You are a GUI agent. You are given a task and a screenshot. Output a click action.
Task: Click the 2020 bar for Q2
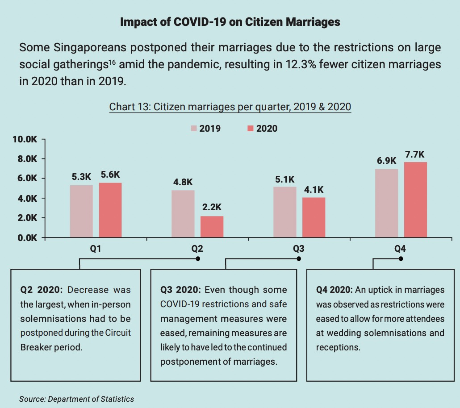pyautogui.click(x=212, y=227)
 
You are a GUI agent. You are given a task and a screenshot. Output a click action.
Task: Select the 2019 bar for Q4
pyautogui.click(x=386, y=203)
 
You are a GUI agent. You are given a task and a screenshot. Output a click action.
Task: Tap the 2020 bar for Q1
pyautogui.click(x=110, y=210)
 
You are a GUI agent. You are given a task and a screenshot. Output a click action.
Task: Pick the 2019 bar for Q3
pyautogui.click(x=284, y=212)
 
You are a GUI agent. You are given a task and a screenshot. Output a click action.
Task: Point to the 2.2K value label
pyautogui.click(x=212, y=208)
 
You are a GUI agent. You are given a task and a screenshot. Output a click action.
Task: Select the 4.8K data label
pyautogui.click(x=183, y=182)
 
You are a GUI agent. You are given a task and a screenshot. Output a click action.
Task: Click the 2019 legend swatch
pyautogui.click(x=194, y=129)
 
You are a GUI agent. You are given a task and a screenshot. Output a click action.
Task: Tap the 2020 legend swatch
pyautogui.click(x=251, y=129)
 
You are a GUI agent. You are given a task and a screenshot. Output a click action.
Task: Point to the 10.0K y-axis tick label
pyautogui.click(x=25, y=139)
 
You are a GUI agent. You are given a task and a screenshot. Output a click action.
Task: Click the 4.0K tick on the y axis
pyautogui.click(x=27, y=198)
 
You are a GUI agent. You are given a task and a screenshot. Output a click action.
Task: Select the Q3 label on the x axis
pyautogui.click(x=298, y=249)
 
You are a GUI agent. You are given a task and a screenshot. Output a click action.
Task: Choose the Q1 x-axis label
pyautogui.click(x=95, y=249)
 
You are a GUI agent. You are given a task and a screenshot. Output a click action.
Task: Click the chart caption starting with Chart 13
pyautogui.click(x=230, y=107)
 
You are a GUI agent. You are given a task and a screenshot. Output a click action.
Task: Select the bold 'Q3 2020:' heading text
pyautogui.click(x=180, y=290)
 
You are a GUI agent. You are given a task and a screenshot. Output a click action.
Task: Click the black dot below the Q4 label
pyautogui.click(x=401, y=258)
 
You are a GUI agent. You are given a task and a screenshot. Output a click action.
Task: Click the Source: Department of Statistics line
pyautogui.click(x=76, y=399)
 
